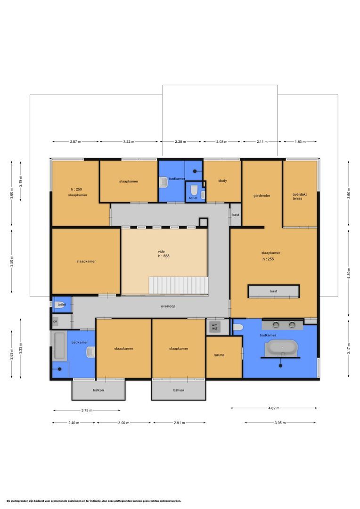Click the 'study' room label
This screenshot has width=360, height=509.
click(222, 181)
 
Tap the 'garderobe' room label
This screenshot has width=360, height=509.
click(262, 195)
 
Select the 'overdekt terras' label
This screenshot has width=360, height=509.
click(300, 196)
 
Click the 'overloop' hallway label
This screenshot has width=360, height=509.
click(168, 306)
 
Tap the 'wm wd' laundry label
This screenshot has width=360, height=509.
click(214, 326)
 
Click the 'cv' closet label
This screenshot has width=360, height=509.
click(55, 321)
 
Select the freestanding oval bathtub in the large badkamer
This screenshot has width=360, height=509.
click(281, 349)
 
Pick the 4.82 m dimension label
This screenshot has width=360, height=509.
click(274, 408)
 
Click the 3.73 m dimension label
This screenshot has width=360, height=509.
click(86, 410)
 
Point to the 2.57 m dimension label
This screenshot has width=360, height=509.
click(75, 141)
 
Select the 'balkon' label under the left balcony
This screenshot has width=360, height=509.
click(98, 390)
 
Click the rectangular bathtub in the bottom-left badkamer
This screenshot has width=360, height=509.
click(59, 346)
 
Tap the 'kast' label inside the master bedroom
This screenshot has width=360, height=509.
click(274, 291)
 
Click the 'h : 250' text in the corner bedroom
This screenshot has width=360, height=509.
click(75, 189)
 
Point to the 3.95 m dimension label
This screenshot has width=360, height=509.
click(280, 423)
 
